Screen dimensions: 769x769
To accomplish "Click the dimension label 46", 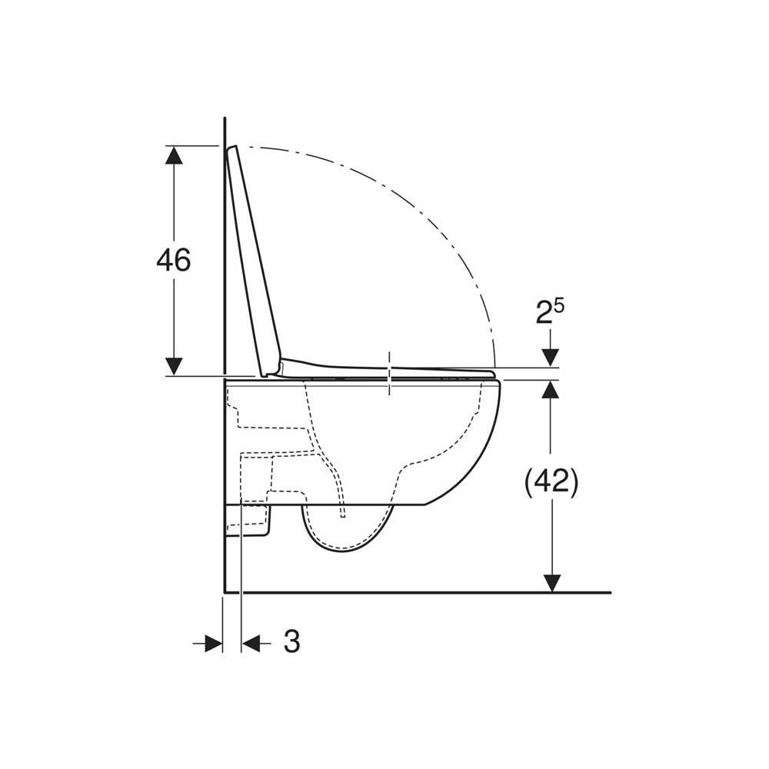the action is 174,260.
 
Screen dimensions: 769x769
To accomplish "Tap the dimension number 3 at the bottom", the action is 291,641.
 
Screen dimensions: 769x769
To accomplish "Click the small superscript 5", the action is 559,305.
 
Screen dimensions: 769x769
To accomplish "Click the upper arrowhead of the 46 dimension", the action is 174,155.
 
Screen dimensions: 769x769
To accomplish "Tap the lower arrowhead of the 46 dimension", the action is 174,366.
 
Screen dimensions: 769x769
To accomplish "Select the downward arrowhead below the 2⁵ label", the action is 551,358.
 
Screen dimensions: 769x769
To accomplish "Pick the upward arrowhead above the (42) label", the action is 551,389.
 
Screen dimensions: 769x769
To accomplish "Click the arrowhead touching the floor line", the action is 552,584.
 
